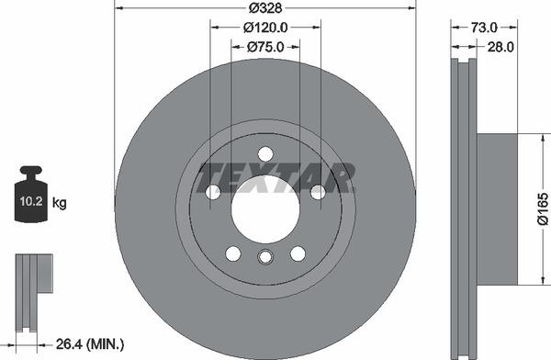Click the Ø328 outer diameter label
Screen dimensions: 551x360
(265, 8)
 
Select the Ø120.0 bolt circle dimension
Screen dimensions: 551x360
(265, 28)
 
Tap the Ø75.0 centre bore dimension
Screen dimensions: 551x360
(265, 47)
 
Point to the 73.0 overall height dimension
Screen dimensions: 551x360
(484, 28)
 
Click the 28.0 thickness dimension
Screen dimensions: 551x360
(500, 47)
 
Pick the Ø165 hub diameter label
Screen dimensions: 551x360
(543, 208)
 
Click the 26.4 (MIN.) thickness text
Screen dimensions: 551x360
(90, 344)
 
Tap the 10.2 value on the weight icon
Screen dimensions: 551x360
(31, 201)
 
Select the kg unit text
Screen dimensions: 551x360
(59, 203)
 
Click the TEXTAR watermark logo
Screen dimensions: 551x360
(275, 177)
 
